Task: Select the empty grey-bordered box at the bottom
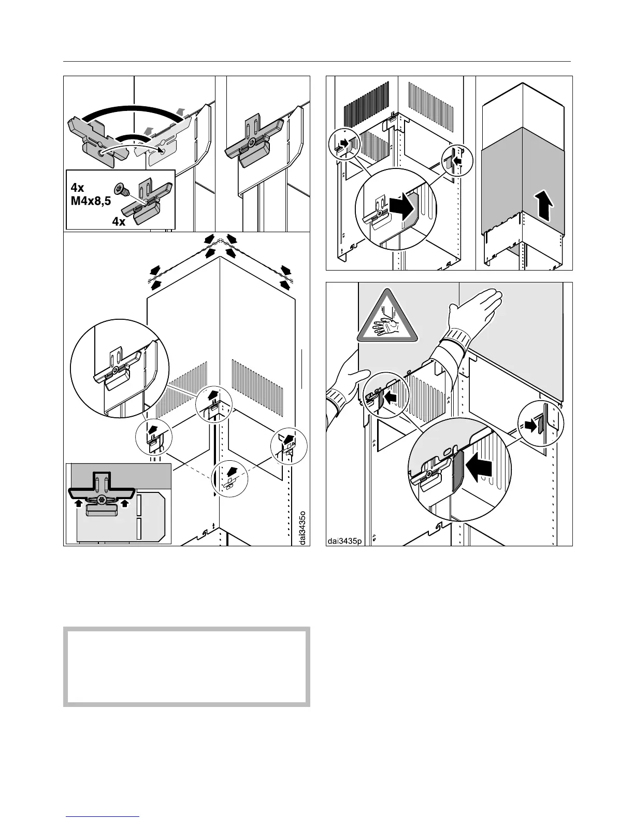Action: pyautogui.click(x=186, y=667)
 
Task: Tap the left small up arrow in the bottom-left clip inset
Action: pyautogui.click(x=78, y=502)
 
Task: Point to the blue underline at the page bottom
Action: pyautogui.click(x=103, y=816)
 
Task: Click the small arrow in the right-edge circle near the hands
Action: pyautogui.click(x=532, y=425)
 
